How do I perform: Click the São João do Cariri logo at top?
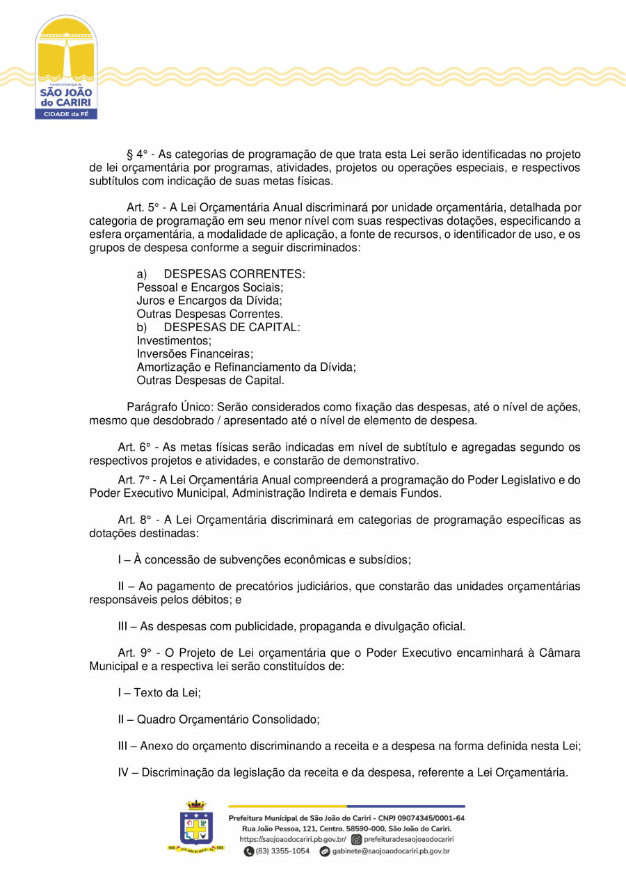pos(66,67)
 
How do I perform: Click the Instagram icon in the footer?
pos(356,840)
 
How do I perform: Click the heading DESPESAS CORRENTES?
pos(234,274)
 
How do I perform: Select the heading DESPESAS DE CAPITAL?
pos(232,328)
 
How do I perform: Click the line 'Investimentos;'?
pos(174,341)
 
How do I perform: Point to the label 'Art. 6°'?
pos(136,447)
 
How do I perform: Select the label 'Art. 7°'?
pos(136,480)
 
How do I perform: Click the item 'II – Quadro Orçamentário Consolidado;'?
pos(218,719)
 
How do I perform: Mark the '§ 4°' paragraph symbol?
pos(135,154)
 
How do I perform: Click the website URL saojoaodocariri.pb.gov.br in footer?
pos(293,840)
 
